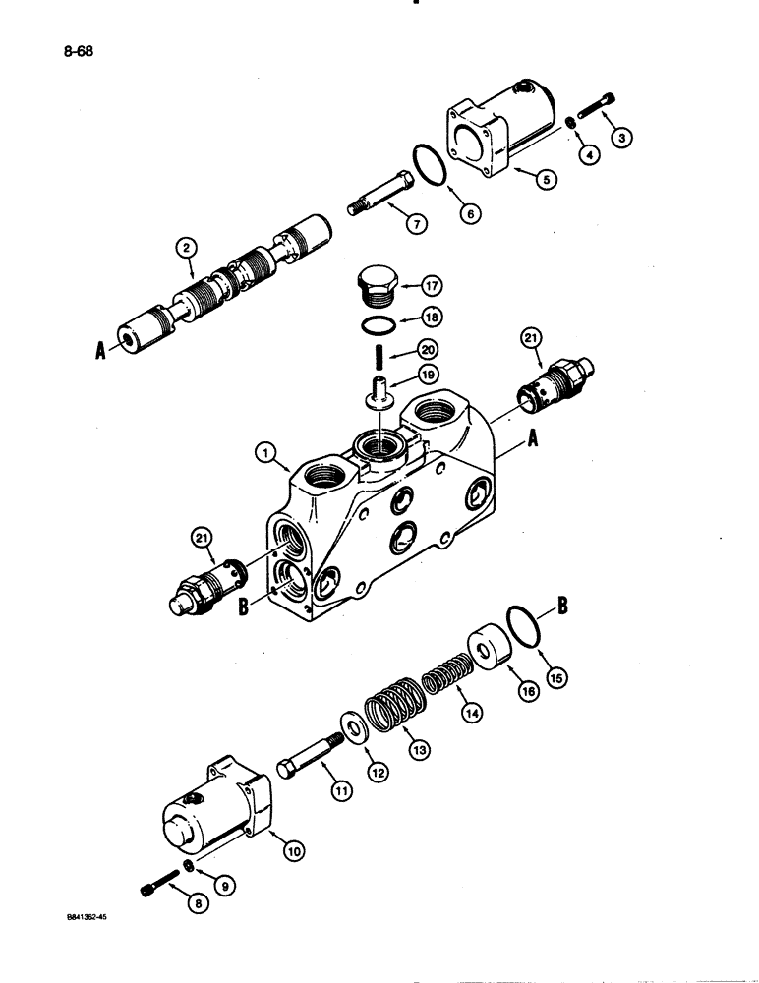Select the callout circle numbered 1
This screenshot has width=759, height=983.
click(264, 453)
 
